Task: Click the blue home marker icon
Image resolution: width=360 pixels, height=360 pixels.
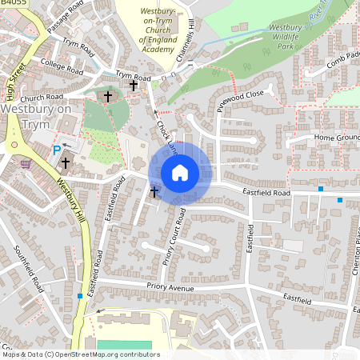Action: [180, 173]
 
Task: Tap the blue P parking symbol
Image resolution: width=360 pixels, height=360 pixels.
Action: [56, 150]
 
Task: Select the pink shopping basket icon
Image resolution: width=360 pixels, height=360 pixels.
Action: [26, 163]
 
